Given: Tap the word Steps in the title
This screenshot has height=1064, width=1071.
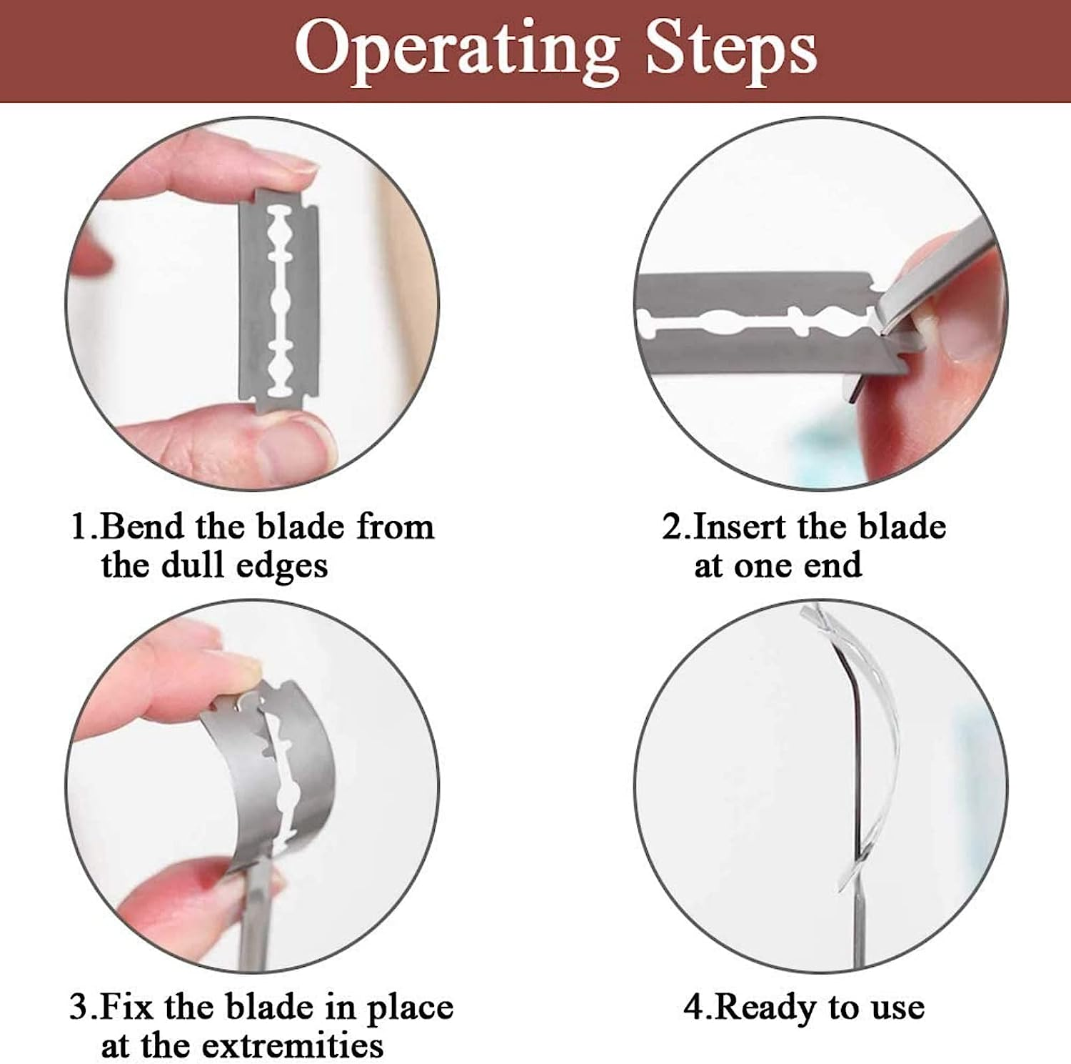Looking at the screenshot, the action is (731, 50).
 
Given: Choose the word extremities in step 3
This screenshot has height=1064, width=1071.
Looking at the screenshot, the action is (293, 1046).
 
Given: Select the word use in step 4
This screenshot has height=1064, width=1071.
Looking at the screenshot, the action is (897, 1010).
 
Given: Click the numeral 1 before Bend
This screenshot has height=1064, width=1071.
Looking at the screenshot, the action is (79, 527).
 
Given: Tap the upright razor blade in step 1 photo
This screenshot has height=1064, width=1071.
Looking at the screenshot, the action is (279, 302).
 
